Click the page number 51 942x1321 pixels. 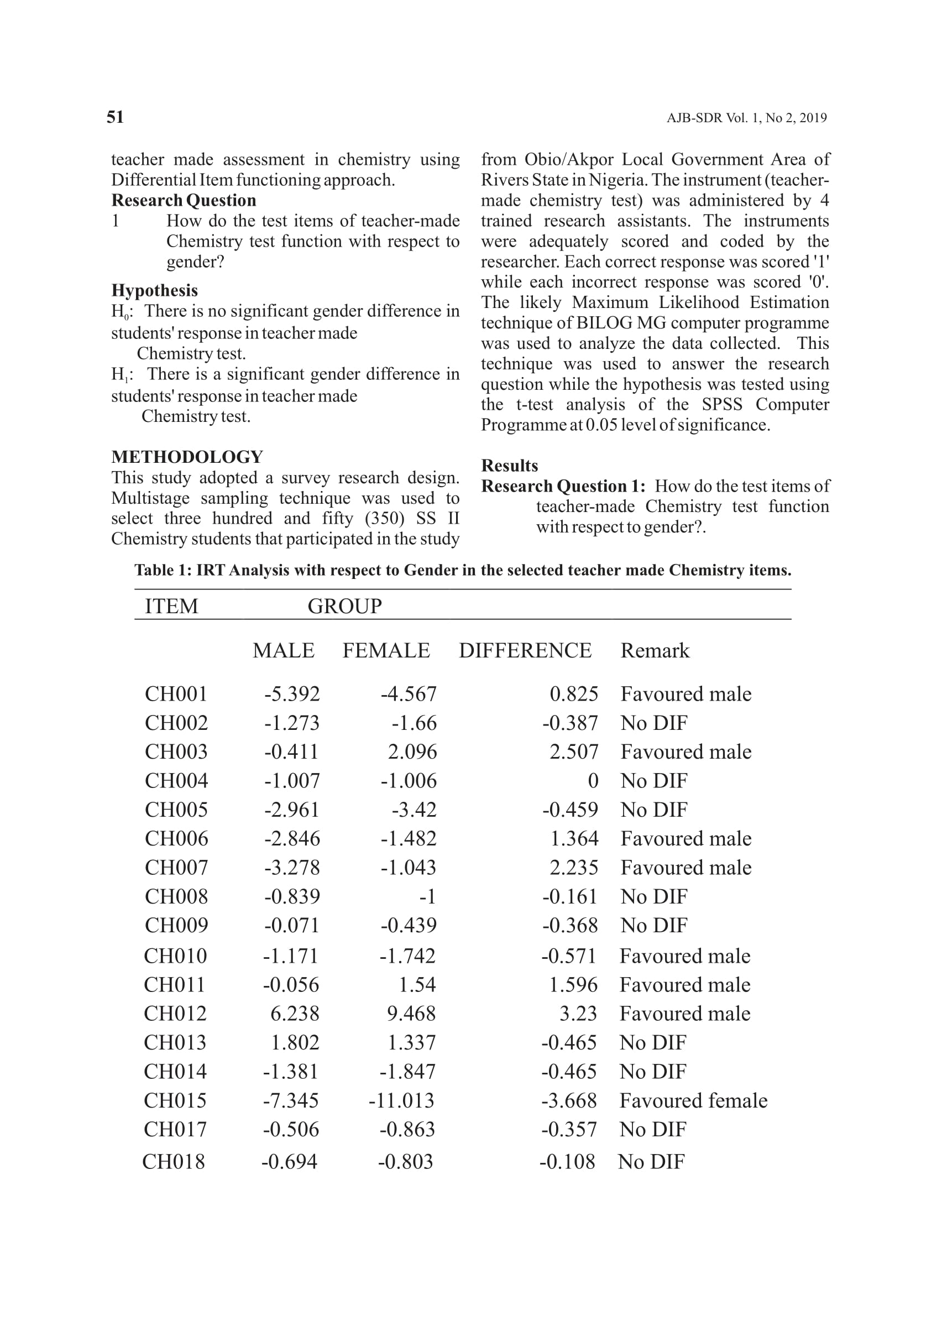click(115, 117)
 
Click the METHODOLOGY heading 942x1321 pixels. click(187, 457)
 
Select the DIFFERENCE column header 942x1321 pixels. click(525, 650)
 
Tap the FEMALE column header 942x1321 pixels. click(386, 650)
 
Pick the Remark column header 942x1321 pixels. click(655, 650)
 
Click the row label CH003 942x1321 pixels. click(176, 752)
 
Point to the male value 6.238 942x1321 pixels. click(295, 1014)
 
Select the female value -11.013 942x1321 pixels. click(401, 1100)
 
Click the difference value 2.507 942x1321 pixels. click(574, 752)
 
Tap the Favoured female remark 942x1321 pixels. click(693, 1100)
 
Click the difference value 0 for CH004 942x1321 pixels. click(593, 781)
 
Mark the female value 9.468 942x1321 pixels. click(411, 1014)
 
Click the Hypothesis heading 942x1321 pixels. click(154, 291)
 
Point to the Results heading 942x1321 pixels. click(509, 466)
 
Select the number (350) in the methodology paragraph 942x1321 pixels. click(385, 518)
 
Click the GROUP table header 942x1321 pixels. click(344, 606)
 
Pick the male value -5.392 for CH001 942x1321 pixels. click(292, 694)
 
